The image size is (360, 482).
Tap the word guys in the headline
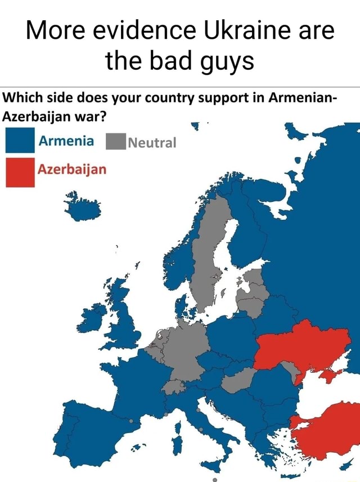tap(224, 60)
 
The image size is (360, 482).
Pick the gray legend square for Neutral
tap(114, 141)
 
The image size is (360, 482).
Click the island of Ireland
tap(93, 317)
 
